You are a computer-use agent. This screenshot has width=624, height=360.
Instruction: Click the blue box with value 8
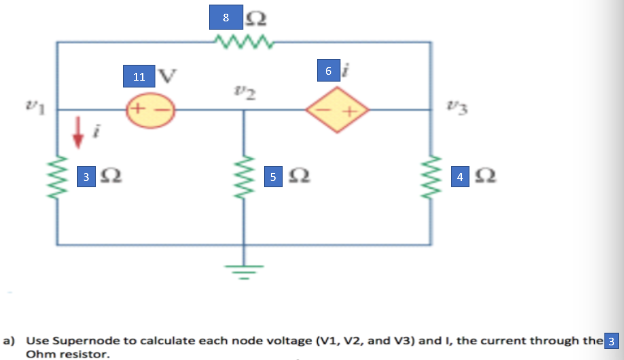coord(226,18)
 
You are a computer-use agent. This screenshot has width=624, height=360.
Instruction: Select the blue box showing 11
coord(139,76)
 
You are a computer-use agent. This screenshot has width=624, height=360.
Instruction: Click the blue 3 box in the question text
coord(611,341)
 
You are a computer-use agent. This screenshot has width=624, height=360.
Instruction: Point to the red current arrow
coord(78,133)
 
